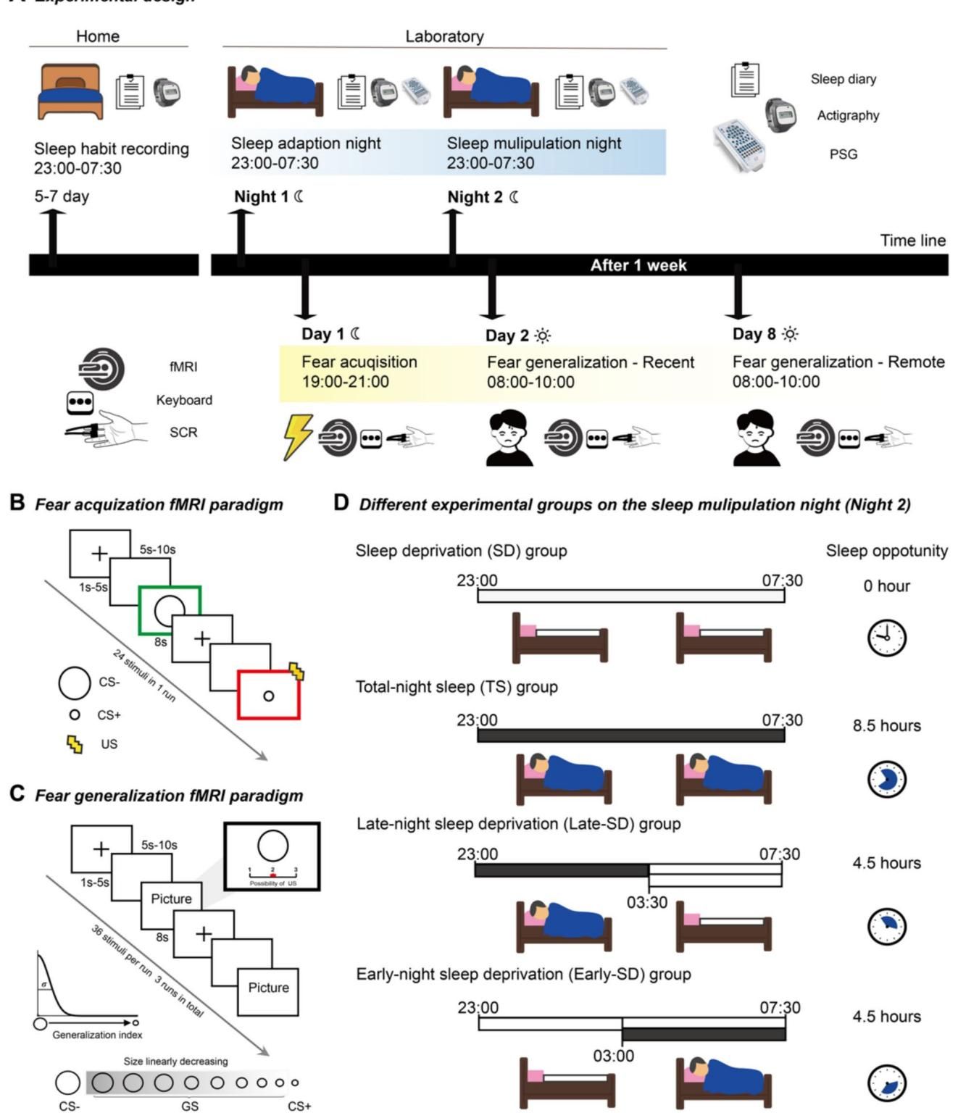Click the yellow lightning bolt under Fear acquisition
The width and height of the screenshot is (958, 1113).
click(297, 436)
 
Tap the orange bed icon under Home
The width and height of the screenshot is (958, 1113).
click(71, 91)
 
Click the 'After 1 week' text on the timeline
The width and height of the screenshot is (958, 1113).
click(638, 265)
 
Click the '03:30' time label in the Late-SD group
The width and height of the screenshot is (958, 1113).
click(647, 903)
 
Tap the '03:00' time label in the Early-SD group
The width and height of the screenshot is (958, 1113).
click(613, 1056)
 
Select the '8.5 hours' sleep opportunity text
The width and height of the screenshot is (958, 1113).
click(886, 726)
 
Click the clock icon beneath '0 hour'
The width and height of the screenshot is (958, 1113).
click(886, 638)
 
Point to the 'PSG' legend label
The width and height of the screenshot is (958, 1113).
click(843, 154)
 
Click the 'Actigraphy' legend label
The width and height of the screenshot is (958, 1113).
click(848, 116)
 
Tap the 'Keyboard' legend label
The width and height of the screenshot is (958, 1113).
click(184, 400)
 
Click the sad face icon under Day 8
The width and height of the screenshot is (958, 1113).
click(757, 438)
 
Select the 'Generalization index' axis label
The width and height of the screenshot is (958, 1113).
click(97, 1035)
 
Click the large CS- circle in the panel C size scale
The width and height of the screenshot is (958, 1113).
click(67, 1083)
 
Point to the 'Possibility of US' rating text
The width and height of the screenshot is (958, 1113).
click(272, 884)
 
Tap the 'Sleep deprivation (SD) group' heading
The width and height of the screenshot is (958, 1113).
click(461, 551)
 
